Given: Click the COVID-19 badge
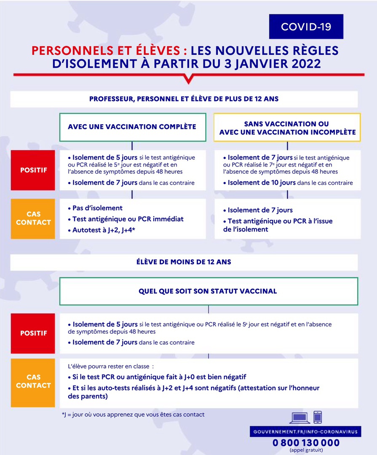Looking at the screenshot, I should [306, 27].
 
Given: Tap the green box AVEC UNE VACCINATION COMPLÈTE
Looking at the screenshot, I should [132, 126].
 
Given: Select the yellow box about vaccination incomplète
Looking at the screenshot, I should [287, 128].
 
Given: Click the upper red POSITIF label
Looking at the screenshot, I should [34, 170].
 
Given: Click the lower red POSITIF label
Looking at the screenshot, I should [34, 333].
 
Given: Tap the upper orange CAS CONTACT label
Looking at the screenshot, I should [34, 219].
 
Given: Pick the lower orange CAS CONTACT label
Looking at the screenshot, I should [34, 381].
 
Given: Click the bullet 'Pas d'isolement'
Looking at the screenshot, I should [97, 208].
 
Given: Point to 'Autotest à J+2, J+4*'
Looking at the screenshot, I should [104, 230].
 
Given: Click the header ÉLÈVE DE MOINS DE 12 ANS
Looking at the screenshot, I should [184, 262].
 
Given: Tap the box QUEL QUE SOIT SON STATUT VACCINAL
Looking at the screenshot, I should [208, 291].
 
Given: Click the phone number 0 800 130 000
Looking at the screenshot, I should [306, 443].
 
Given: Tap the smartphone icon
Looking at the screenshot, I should [318, 417].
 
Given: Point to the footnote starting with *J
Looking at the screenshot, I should [133, 415].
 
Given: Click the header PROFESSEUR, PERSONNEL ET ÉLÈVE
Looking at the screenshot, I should [184, 99].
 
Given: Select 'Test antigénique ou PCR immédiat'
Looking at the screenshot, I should [128, 219].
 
